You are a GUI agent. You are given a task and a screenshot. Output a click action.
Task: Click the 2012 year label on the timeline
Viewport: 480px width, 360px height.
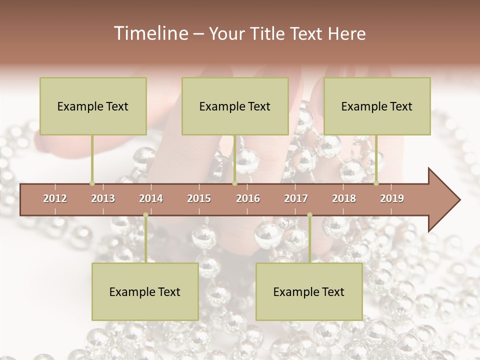point(55,198)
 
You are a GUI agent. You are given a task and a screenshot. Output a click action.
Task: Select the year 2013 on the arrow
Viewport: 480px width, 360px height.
point(103,198)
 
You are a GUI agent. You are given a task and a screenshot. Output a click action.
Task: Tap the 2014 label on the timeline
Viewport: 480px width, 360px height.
point(151,198)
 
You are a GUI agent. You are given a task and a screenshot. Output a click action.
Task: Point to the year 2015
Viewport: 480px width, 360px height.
point(199,198)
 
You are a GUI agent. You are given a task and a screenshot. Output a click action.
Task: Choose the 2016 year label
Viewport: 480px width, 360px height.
point(248,198)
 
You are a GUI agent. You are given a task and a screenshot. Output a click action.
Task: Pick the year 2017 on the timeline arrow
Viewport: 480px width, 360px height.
point(296,198)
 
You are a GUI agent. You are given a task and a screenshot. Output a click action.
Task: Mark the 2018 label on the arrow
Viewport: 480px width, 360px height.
point(344,198)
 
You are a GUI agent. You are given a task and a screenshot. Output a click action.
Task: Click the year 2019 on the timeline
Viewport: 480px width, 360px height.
point(392,198)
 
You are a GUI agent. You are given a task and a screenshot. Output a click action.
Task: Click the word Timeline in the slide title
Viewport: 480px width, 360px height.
point(150,33)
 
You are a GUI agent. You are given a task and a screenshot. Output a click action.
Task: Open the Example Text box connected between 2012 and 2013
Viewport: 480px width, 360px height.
point(93,106)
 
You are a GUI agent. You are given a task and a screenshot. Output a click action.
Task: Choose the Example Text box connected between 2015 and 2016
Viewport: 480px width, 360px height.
point(235,106)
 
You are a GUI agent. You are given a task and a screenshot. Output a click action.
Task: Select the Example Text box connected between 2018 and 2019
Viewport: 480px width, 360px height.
point(377,106)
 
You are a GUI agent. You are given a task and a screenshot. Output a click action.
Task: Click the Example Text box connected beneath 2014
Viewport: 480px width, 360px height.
point(145,291)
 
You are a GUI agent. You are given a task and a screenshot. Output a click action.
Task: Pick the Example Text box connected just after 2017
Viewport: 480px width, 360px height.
point(309,291)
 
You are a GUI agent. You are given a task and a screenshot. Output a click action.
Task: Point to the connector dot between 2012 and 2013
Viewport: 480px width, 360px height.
point(92,183)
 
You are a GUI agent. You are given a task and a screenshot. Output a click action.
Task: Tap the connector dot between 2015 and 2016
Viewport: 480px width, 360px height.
point(234,183)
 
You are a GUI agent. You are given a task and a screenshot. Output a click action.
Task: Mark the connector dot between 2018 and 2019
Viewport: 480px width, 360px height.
point(376,183)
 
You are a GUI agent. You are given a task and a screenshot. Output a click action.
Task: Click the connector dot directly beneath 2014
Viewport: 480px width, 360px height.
point(145,215)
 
